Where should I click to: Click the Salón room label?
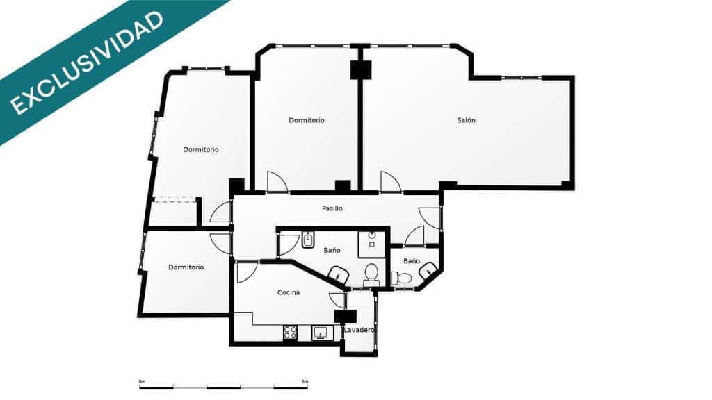click(467, 120)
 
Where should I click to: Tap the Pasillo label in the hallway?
click(332, 208)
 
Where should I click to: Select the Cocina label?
click(289, 292)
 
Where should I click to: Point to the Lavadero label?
click(359, 330)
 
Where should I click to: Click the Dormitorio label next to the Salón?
click(307, 120)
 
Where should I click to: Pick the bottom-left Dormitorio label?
click(186, 267)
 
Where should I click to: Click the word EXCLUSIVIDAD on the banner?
click(88, 62)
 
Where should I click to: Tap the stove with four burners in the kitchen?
click(290, 333)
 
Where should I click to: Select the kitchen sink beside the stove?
click(321, 333)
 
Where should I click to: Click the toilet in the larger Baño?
click(371, 275)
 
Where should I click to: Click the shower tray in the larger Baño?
click(372, 240)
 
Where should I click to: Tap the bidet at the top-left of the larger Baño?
click(309, 240)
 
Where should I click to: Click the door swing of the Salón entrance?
click(389, 182)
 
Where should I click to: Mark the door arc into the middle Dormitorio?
click(276, 182)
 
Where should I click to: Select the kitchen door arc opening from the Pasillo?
click(245, 271)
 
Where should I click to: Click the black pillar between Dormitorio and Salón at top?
click(361, 69)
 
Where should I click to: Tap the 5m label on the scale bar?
click(305, 381)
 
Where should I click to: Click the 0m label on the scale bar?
click(142, 381)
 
